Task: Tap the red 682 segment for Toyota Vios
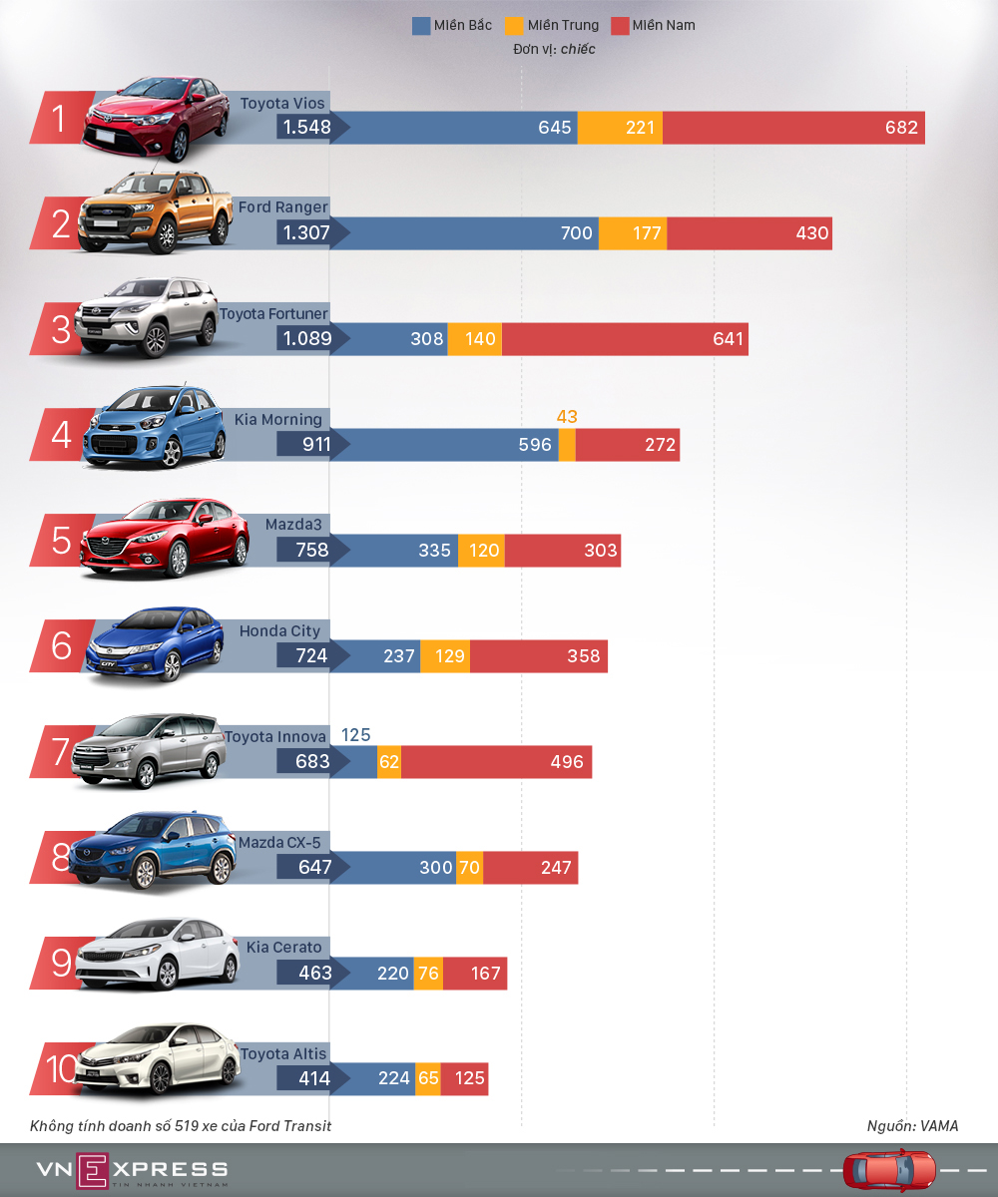coord(793,128)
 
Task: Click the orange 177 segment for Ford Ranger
coord(633,233)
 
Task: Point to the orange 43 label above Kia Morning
coord(567,417)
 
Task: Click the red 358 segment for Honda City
coord(539,656)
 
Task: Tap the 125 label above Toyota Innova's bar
coord(355,735)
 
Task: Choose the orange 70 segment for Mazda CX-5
coord(469,868)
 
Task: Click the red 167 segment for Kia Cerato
coord(475,974)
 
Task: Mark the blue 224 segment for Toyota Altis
coord(382,1079)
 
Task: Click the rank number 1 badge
coord(59,119)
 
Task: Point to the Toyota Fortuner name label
coord(273,314)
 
